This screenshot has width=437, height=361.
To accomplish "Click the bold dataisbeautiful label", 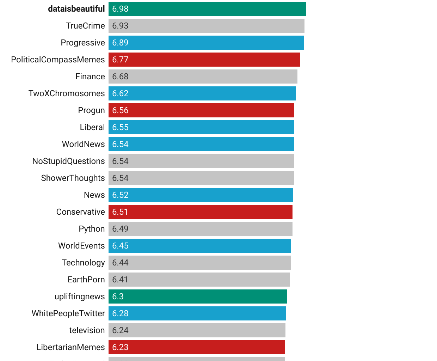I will click(x=76, y=9).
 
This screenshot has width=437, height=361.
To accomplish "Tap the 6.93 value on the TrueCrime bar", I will click(x=120, y=26).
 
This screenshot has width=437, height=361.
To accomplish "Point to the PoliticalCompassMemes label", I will click(x=58, y=60).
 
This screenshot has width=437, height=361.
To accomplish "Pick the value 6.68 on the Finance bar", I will click(x=120, y=77).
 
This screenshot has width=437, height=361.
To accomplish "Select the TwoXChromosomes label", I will click(x=67, y=93).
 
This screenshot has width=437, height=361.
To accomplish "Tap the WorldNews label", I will click(x=83, y=144).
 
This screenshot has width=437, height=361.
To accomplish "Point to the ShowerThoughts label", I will click(x=73, y=178).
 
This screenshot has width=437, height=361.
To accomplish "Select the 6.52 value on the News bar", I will click(x=120, y=195).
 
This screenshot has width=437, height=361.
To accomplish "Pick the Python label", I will click(x=92, y=229).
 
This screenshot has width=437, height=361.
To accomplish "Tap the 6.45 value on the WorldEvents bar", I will click(x=120, y=246).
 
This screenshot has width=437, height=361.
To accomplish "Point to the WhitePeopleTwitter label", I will click(x=68, y=313).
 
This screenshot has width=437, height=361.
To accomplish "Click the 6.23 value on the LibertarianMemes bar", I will click(x=120, y=347).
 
